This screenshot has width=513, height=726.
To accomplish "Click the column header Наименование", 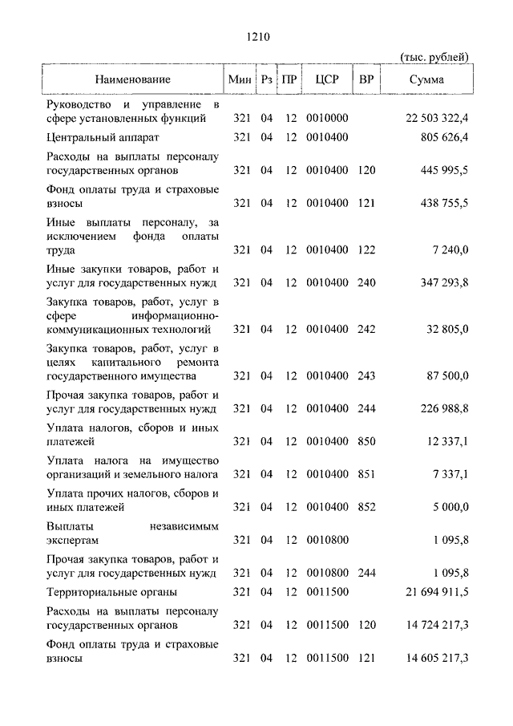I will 133,79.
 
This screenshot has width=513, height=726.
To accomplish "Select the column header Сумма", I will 426,79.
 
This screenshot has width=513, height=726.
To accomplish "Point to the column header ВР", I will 366,79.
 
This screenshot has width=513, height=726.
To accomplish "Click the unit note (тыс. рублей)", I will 434,55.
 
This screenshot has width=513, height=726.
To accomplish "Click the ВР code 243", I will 366,375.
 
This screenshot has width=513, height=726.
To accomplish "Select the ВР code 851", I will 366,475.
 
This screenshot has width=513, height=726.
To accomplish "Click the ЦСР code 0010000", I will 327,119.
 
